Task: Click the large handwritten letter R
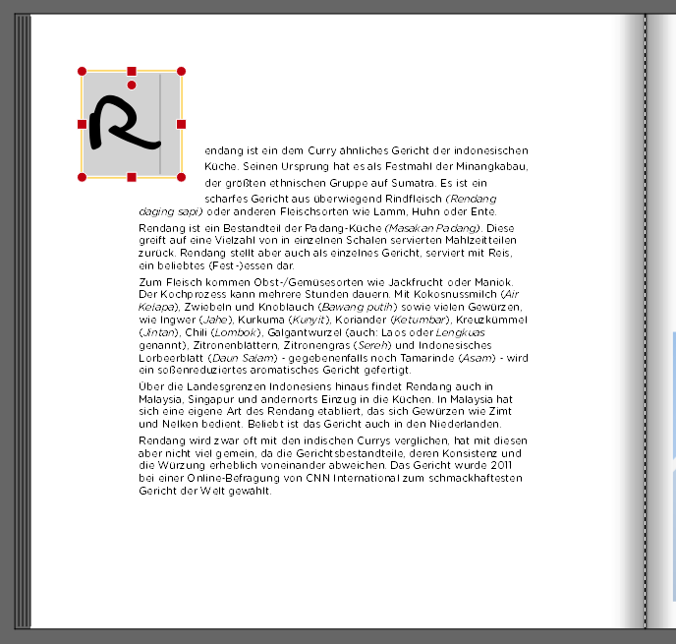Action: tap(122, 124)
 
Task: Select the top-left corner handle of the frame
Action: tap(83, 72)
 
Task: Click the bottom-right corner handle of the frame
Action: tap(181, 177)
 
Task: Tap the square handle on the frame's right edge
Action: tap(181, 124)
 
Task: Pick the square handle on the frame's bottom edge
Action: tap(132, 177)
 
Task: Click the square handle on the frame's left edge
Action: tap(83, 124)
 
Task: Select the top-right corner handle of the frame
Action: tap(181, 72)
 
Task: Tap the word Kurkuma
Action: tap(247, 319)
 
